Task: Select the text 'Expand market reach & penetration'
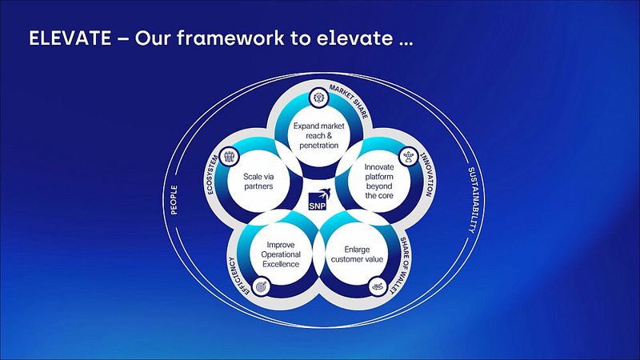[x=319, y=136]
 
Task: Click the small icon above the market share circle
[x=319, y=98]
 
